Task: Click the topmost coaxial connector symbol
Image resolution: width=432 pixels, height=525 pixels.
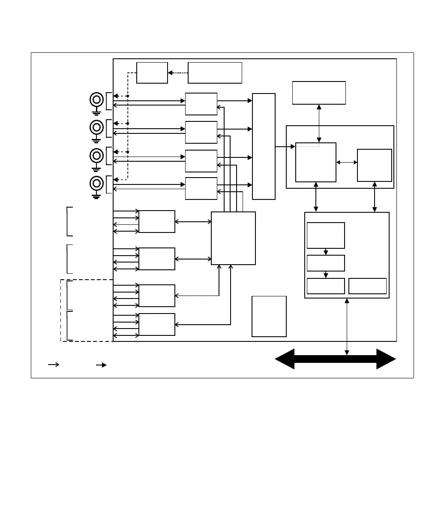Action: tap(96, 100)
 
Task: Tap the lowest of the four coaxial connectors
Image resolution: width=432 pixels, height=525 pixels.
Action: tap(96, 184)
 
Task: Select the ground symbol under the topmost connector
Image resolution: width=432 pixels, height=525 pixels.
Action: tap(96, 112)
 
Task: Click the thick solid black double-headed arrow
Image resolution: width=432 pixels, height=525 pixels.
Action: tap(335, 359)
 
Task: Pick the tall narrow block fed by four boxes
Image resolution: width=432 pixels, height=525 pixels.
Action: tap(264, 146)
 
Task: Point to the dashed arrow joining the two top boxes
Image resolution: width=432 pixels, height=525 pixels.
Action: tap(178, 73)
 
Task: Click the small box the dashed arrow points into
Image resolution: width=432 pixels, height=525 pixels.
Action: tap(152, 73)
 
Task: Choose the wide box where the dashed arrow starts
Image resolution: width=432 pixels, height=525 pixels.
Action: tap(215, 73)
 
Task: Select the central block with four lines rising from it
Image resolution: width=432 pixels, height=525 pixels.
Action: tap(234, 238)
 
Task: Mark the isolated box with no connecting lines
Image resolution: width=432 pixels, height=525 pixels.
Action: tap(269, 316)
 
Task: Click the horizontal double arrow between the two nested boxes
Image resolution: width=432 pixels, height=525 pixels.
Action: tap(347, 163)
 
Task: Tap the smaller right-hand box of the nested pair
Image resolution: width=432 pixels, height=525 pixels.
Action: tap(375, 165)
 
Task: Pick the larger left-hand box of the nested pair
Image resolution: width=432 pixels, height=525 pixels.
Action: tap(316, 163)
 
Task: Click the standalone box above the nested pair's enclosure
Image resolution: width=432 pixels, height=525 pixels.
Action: tap(319, 93)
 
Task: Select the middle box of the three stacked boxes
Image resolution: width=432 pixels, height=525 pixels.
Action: tap(326, 263)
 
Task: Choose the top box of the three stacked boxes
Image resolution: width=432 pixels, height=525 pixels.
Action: tap(326, 235)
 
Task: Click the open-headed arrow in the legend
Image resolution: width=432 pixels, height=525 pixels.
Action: tap(54, 365)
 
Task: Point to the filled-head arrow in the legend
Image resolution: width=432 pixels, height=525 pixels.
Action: tap(102, 365)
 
